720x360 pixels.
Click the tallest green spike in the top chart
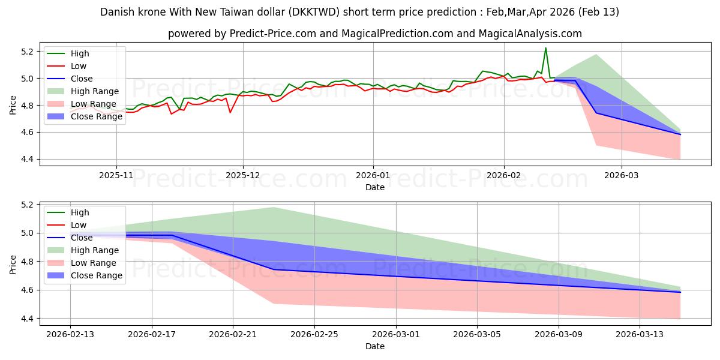click(545, 48)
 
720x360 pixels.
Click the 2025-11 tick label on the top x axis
click(116, 175)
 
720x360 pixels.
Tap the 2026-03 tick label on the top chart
click(621, 175)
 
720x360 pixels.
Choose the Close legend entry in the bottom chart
click(82, 238)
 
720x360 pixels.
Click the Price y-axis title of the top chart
click(13, 105)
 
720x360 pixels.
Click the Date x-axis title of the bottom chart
click(375, 346)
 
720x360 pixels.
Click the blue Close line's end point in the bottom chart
click(680, 292)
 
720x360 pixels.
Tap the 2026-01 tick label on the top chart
click(373, 175)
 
